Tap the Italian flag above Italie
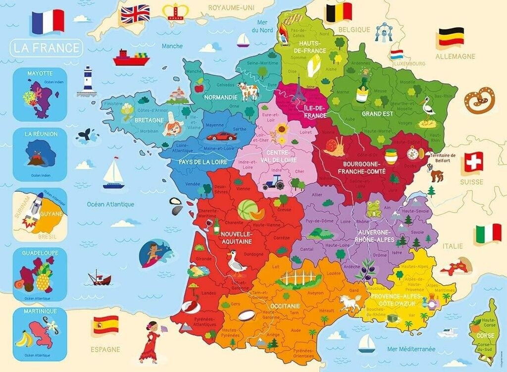[x=489, y=233]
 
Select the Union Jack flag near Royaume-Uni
[x=135, y=14]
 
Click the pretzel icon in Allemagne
[x=479, y=99]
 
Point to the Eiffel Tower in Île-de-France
[x=299, y=91]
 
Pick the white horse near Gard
[x=351, y=302]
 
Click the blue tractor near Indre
[x=273, y=184]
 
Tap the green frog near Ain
[x=373, y=208]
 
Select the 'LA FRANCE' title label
[x=47, y=48]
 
